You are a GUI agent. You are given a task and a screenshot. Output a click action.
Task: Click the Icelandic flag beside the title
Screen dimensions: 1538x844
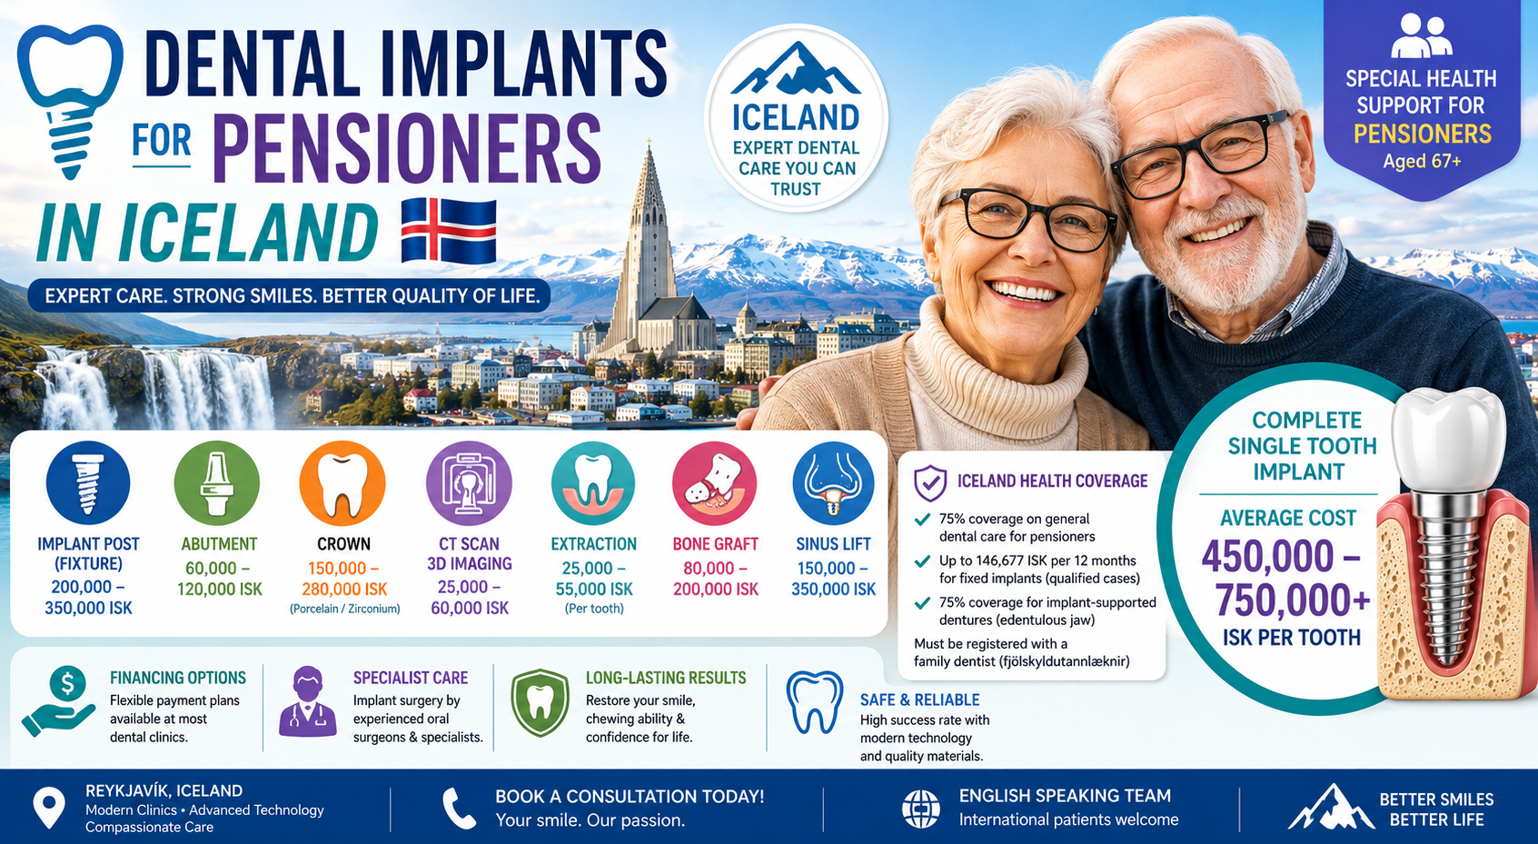449,231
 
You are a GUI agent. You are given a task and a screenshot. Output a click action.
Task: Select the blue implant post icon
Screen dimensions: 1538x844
88,483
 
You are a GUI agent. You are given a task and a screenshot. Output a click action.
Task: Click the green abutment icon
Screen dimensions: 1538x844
217,483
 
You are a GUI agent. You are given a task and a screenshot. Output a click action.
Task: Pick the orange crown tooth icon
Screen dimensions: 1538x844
342,483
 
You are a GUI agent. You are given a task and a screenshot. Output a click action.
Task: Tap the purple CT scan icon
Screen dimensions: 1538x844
469,483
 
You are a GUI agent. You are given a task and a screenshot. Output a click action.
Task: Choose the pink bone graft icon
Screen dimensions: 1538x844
714,483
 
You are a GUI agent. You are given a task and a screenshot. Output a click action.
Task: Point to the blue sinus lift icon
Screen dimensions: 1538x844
833,483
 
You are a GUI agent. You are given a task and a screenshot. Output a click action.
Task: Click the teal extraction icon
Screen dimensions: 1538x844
593,483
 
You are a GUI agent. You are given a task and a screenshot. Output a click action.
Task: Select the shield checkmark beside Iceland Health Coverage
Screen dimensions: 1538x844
930,482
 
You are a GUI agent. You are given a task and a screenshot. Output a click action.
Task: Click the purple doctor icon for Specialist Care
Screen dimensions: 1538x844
308,702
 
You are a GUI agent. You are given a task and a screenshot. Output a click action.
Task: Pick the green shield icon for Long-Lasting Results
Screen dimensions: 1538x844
540,703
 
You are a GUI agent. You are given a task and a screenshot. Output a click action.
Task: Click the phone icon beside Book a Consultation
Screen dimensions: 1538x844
459,809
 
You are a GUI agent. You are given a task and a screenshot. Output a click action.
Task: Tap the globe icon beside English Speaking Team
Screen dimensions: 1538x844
921,809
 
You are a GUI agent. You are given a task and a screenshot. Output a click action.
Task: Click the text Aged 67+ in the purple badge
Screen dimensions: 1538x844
1422,162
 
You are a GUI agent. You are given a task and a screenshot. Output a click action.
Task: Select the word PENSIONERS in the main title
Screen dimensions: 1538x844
407,148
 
